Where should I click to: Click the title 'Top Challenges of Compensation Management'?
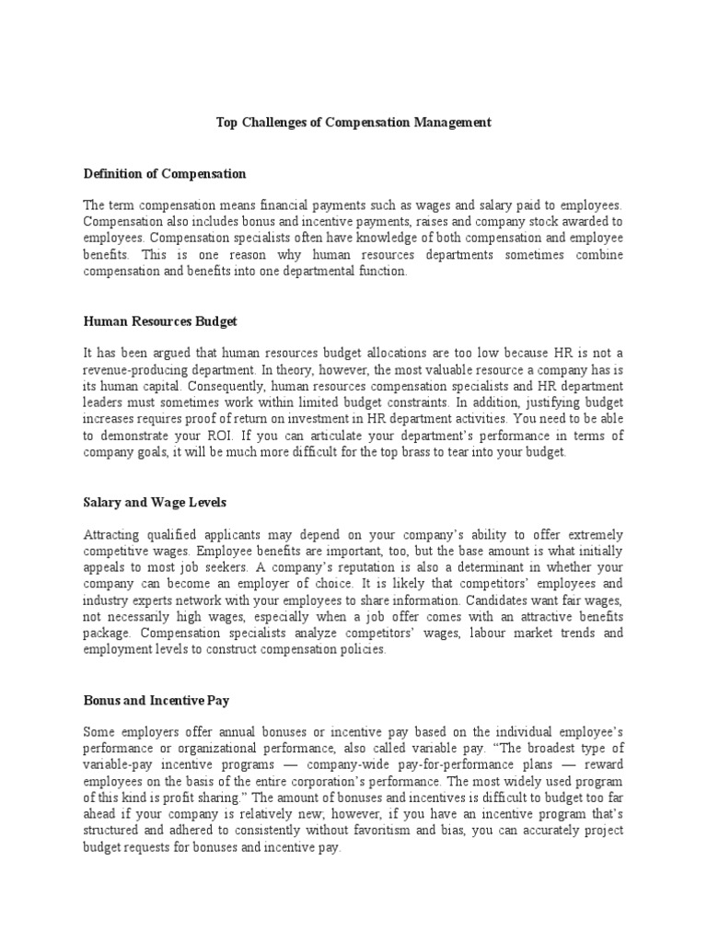click(353, 122)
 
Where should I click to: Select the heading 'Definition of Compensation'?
click(165, 173)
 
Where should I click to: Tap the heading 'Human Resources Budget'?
click(160, 321)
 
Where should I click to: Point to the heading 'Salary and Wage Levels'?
click(155, 503)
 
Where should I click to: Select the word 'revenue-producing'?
click(127, 370)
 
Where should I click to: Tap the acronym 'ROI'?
click(251, 437)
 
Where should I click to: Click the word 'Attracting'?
click(112, 535)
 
